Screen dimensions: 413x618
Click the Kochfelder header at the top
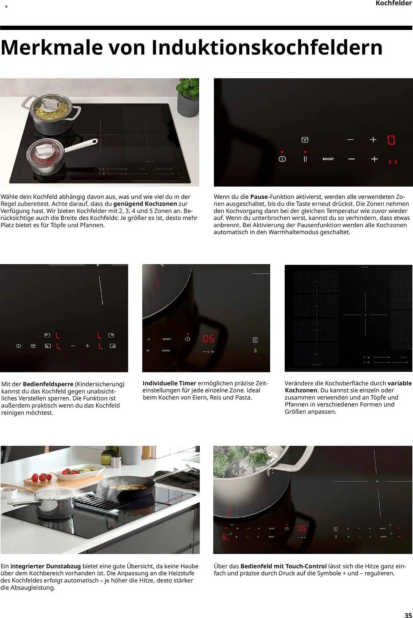[394, 3]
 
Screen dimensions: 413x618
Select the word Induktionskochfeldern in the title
[267, 47]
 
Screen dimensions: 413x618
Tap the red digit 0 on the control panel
[391, 140]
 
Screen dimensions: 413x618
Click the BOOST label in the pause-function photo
[328, 159]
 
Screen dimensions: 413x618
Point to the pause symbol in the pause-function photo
[305, 159]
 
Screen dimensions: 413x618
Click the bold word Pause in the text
[259, 197]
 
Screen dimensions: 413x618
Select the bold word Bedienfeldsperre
[48, 384]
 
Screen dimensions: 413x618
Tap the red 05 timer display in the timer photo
[208, 339]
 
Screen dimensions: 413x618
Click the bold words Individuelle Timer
[169, 383]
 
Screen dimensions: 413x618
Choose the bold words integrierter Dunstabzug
[45, 566]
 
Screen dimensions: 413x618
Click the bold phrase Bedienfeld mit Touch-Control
[283, 566]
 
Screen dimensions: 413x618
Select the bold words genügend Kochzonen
[145, 204]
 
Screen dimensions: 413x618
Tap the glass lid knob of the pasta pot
[49, 104]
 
